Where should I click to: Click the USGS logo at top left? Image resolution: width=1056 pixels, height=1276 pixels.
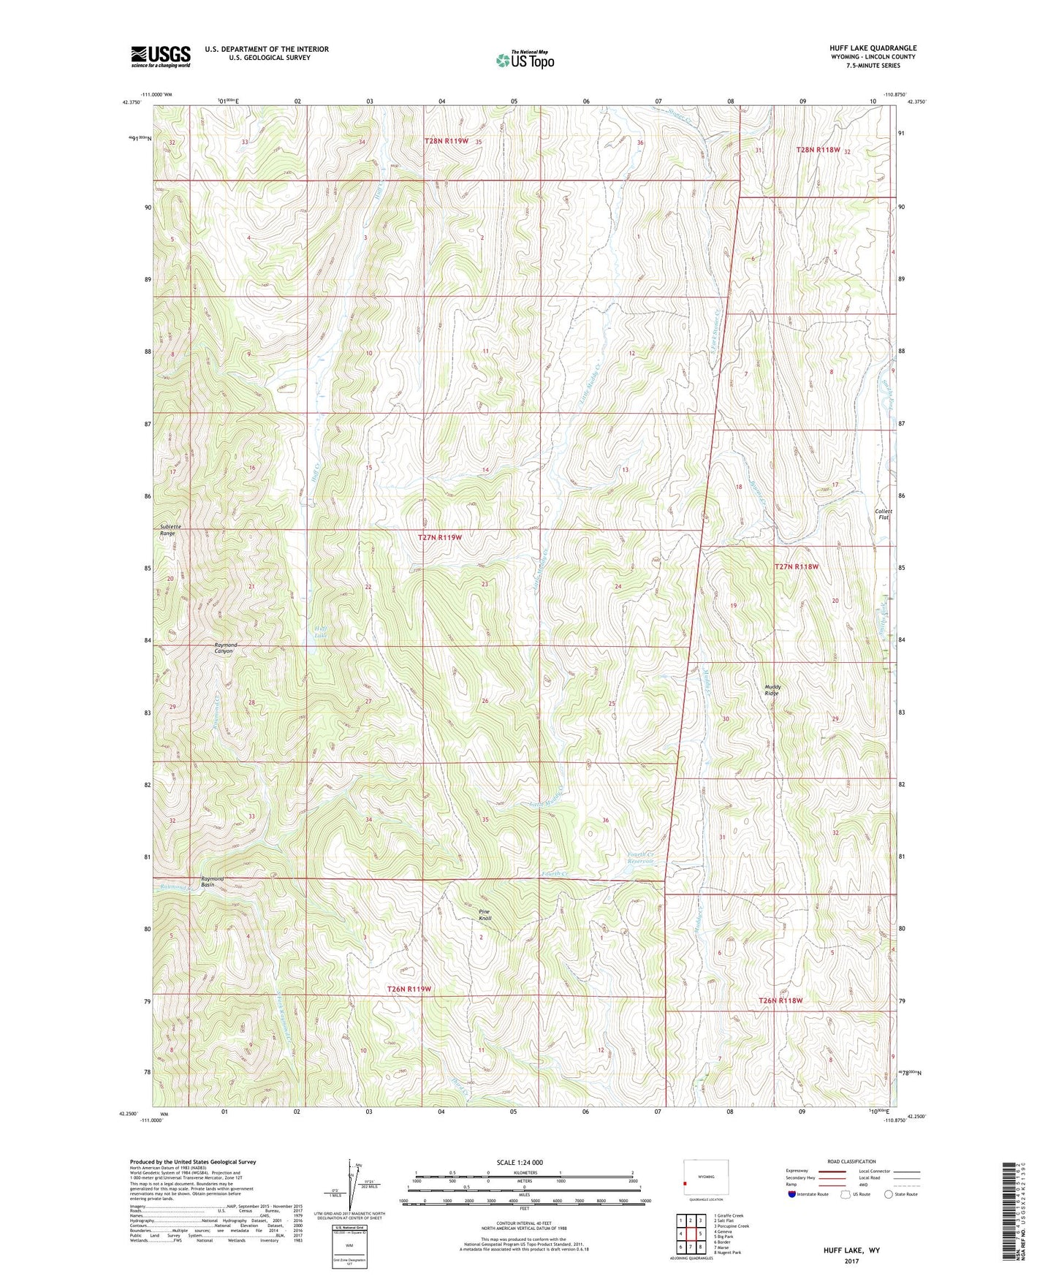click(161, 56)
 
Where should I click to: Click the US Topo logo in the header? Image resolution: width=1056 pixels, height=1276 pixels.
click(525, 60)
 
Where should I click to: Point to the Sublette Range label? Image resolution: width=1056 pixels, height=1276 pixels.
click(168, 530)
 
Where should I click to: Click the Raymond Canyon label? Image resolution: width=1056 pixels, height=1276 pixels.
click(225, 648)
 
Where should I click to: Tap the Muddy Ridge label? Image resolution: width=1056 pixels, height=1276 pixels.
click(772, 689)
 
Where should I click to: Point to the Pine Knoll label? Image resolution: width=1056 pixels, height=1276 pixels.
click(485, 914)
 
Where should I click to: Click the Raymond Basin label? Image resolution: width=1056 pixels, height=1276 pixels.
click(213, 881)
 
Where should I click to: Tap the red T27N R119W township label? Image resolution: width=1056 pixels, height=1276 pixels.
click(440, 537)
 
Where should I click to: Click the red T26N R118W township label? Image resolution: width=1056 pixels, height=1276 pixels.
click(780, 1000)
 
